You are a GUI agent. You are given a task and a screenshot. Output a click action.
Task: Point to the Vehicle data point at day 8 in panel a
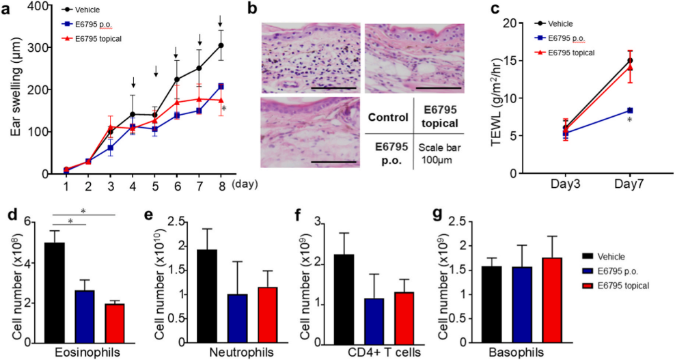(x=221, y=46)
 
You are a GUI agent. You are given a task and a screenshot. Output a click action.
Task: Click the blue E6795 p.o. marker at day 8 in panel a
(x=221, y=87)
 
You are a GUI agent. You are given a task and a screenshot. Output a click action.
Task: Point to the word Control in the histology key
(x=387, y=117)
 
